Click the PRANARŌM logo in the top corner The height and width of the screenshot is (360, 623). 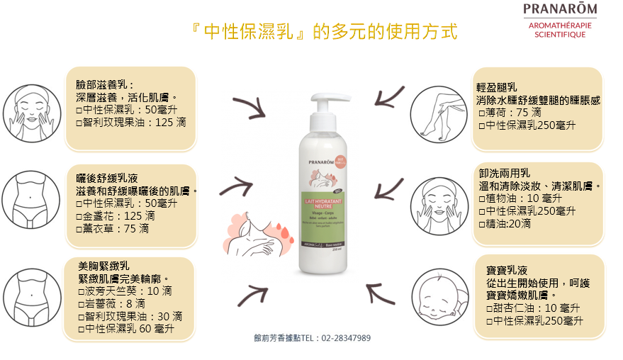[x=559, y=10]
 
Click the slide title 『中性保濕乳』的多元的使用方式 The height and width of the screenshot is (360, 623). [x=325, y=32]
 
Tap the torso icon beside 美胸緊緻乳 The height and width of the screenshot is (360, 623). [x=28, y=293]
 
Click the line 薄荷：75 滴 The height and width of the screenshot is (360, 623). [x=510, y=112]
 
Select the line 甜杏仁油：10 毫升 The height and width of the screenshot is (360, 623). [x=532, y=308]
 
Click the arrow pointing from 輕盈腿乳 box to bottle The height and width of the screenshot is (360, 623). [x=385, y=97]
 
